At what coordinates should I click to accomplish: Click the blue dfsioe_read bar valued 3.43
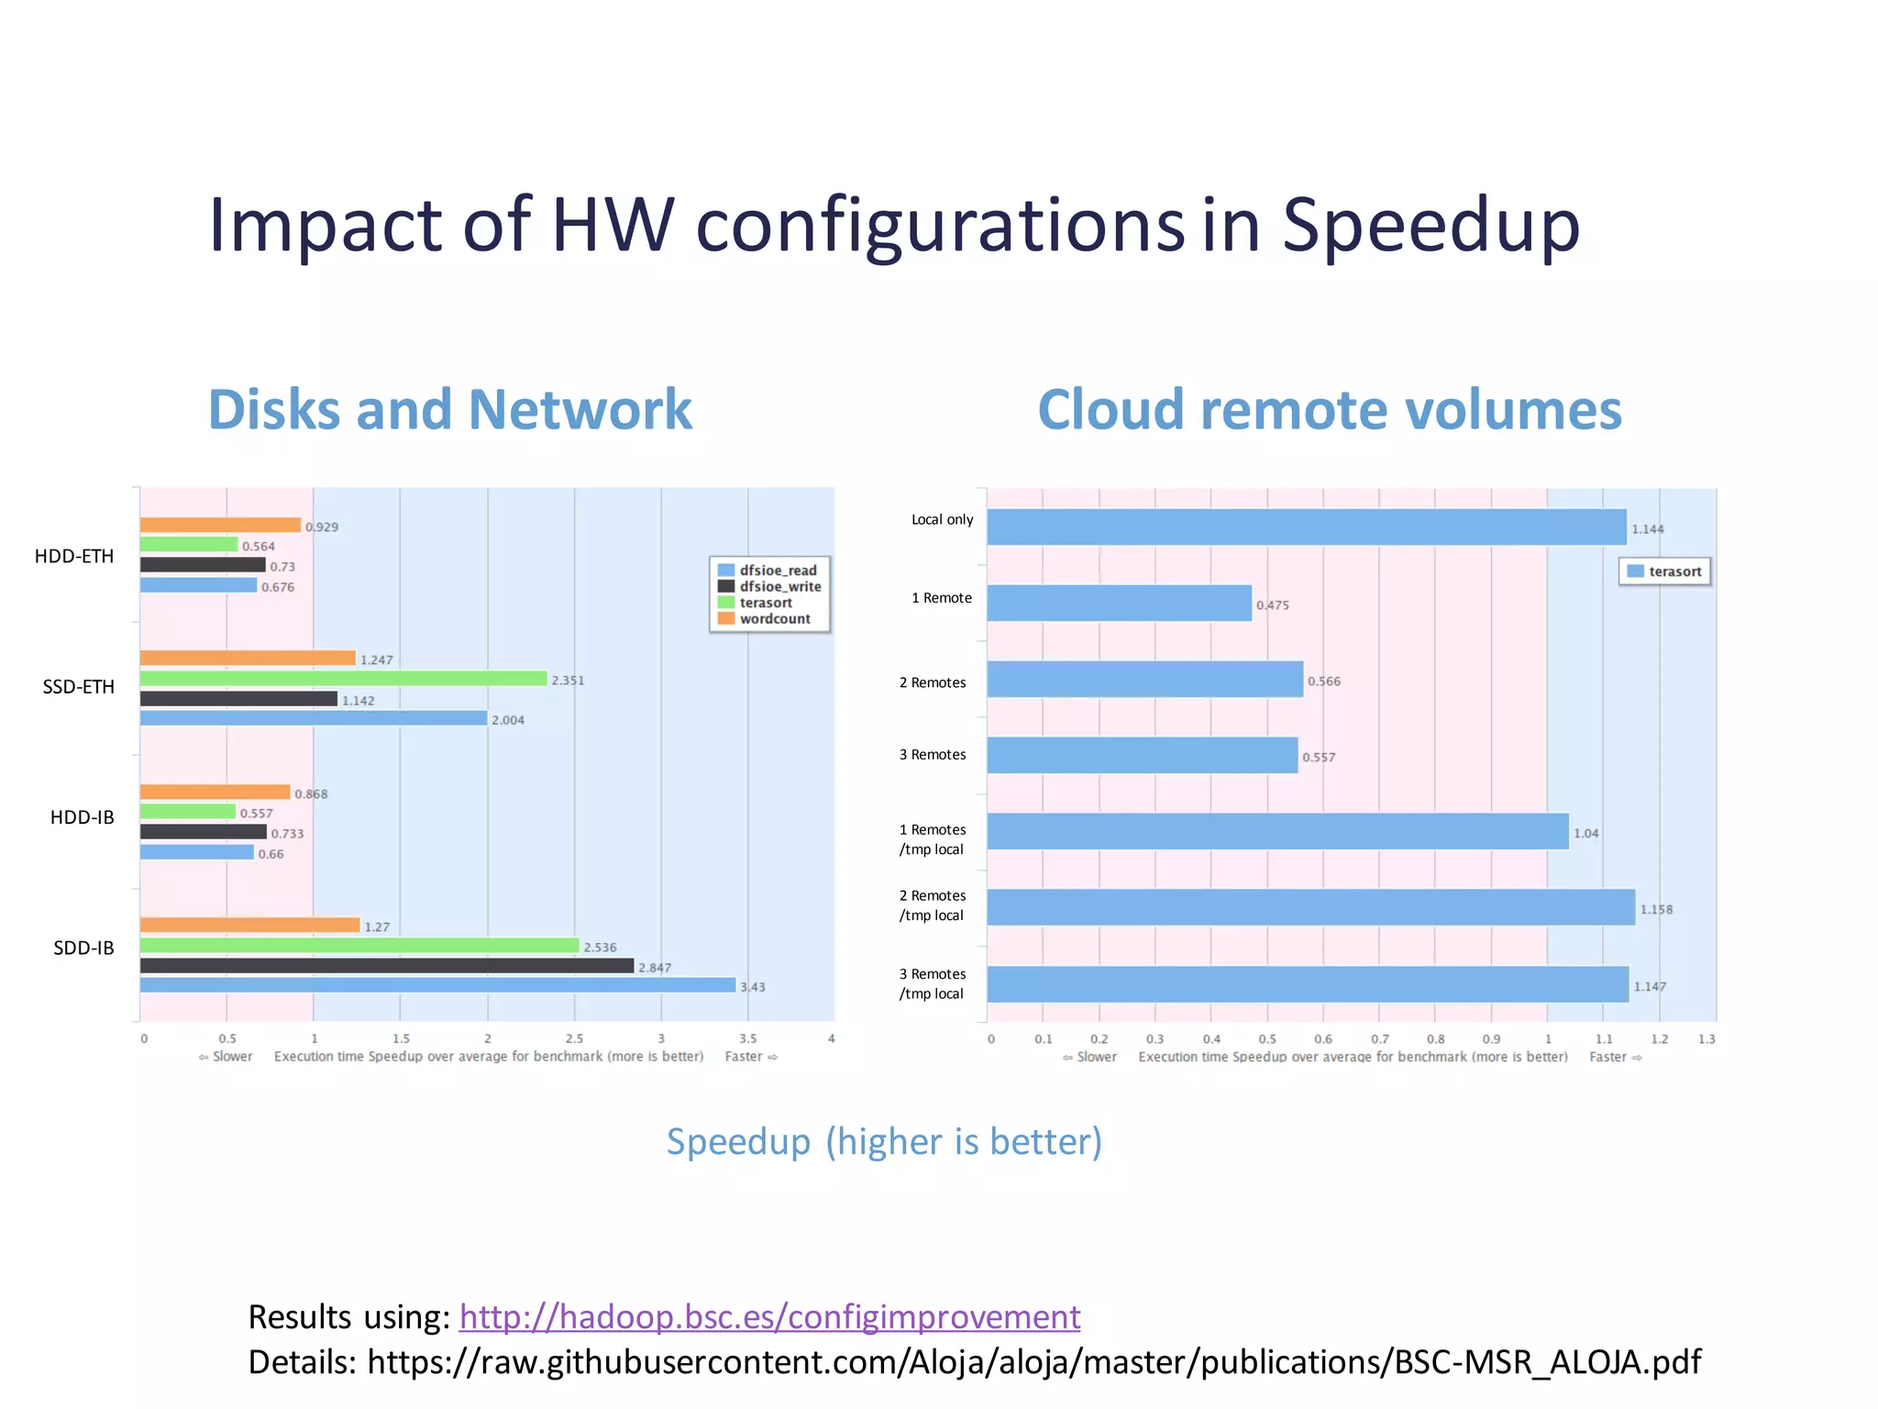[x=437, y=985]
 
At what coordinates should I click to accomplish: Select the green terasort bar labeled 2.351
[x=343, y=679]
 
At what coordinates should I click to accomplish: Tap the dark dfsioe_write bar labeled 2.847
[x=386, y=966]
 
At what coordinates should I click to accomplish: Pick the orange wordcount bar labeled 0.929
[x=220, y=525]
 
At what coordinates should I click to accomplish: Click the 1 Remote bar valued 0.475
[x=1119, y=604]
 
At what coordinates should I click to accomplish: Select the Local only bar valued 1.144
[x=1306, y=527]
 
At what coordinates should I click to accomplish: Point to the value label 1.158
[x=1656, y=910]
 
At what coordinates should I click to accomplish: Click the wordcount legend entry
[x=774, y=619]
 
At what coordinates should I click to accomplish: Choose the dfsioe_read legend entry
[x=777, y=571]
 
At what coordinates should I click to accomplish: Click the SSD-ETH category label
[x=79, y=687]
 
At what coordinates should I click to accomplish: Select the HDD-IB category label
[x=83, y=817]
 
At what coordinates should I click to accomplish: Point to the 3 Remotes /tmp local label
[x=932, y=983]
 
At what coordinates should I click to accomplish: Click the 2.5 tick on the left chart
[x=574, y=1038]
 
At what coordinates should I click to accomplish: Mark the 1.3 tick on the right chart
[x=1706, y=1039]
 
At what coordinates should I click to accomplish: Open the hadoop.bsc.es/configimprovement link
[x=769, y=1317]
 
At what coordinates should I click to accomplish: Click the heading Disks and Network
[x=449, y=409]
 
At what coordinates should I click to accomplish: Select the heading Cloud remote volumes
[x=1329, y=409]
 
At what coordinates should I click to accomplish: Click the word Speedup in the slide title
[x=1430, y=226]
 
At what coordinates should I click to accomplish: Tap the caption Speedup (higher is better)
[x=884, y=1142]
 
